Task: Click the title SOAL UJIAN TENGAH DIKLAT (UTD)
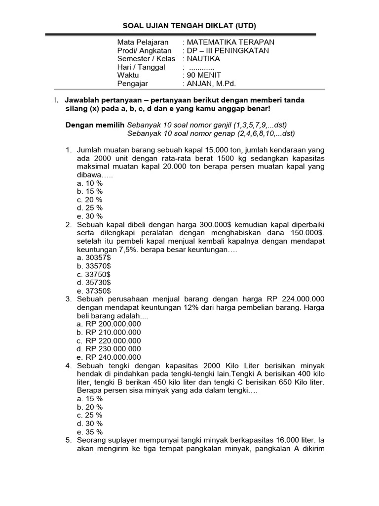tap(189, 25)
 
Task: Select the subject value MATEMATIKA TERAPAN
tap(230, 42)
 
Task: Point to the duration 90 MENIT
tap(204, 75)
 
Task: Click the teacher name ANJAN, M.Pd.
tap(210, 84)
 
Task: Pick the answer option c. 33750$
tap(94, 274)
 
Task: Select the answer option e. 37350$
tap(94, 291)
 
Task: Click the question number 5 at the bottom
tap(68, 440)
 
